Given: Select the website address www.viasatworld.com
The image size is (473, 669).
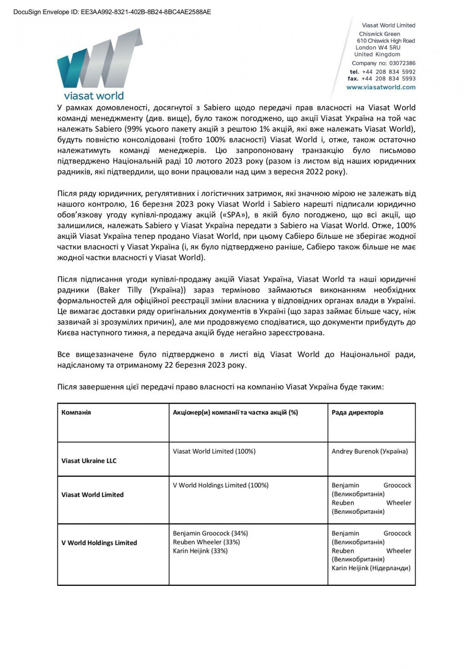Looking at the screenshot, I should pyautogui.click(x=380, y=87).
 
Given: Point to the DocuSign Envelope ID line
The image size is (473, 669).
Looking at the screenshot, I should pyautogui.click(x=112, y=11).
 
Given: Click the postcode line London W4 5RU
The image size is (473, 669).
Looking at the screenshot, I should pyautogui.click(x=378, y=48).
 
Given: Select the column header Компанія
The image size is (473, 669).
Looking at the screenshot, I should pyautogui.click(x=76, y=412).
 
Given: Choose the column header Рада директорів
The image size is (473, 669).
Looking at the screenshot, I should pyautogui.click(x=357, y=412).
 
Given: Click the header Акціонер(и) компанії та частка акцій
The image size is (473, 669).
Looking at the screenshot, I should pyautogui.click(x=235, y=412).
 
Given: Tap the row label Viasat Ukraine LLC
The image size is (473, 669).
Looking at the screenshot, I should pyautogui.click(x=89, y=461).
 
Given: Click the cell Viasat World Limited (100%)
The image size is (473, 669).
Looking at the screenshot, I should pyautogui.click(x=214, y=451).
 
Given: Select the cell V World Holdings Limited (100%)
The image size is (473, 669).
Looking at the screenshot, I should pyautogui.click(x=221, y=485).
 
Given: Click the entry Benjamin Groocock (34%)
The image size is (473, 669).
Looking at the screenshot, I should pyautogui.click(x=210, y=533).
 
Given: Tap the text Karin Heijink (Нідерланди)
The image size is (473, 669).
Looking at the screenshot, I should pyautogui.click(x=371, y=568).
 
